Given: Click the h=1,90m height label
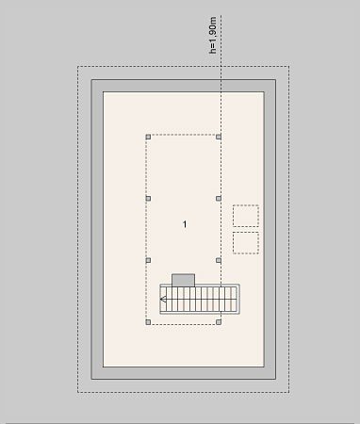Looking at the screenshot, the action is coord(213,35).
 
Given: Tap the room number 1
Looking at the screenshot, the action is coord(185,224).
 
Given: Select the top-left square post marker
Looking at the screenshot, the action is coord(148,137).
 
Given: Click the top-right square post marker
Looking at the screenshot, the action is coord(219,137).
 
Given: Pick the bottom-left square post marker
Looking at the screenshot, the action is coord(148,322).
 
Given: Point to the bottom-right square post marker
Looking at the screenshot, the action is coord(219,322).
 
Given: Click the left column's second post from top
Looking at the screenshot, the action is coord(148,199).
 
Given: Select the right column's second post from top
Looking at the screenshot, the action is coord(219,199).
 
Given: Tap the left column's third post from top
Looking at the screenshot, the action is coord(148,260).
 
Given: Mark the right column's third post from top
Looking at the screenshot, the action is coord(219,260).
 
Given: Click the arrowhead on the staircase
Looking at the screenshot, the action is coord(163,300).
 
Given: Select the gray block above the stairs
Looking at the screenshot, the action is coord(183,280).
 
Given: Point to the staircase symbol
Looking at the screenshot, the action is coord(200,300).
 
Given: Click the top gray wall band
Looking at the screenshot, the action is coord(184,86).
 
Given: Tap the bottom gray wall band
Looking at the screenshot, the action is coord(184,373).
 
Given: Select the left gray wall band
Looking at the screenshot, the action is coord(97,229).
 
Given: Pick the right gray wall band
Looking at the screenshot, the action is coord(270,229).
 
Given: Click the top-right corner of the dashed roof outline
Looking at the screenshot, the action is coord(289,66).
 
